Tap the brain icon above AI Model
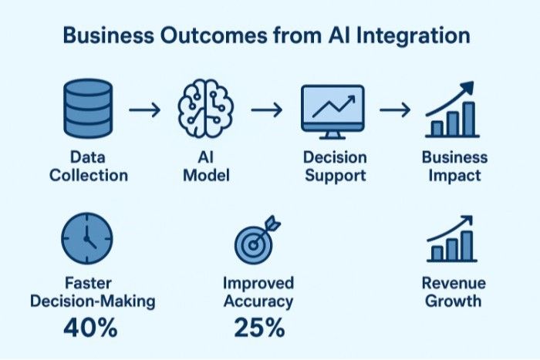204,110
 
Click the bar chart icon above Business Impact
451,110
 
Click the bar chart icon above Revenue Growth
451,238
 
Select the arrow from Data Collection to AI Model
143,110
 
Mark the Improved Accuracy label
258,291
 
